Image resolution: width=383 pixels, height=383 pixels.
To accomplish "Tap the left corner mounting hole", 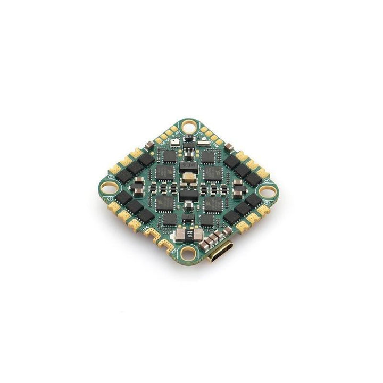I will (111, 187).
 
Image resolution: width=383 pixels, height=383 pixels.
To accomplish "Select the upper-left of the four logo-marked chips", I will (164, 172).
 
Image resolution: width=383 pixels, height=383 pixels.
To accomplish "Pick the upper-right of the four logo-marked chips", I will (212, 172).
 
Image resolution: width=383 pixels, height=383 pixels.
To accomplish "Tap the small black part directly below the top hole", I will (188, 144).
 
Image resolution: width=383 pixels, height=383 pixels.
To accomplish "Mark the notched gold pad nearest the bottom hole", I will (168, 245).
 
